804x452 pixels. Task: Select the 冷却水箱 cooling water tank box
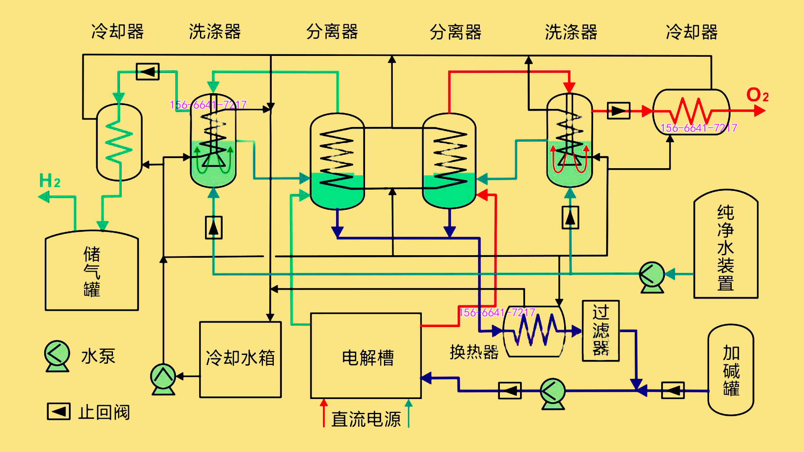[x=240, y=359]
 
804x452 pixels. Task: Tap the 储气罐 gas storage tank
[x=92, y=271]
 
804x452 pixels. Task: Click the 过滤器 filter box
[x=601, y=330]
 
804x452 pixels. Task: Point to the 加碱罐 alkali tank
[x=730, y=370]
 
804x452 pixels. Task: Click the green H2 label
[x=50, y=181]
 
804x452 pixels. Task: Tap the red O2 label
[x=757, y=95]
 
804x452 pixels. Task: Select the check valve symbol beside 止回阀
[x=58, y=411]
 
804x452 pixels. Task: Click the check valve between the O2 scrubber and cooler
[x=618, y=111]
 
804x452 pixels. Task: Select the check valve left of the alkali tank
[x=673, y=390]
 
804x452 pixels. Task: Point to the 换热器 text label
[x=474, y=352]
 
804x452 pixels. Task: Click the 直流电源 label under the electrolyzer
[x=366, y=419]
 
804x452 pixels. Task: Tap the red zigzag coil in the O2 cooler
[x=691, y=111]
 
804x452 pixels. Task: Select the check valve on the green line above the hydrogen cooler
[x=147, y=71]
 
